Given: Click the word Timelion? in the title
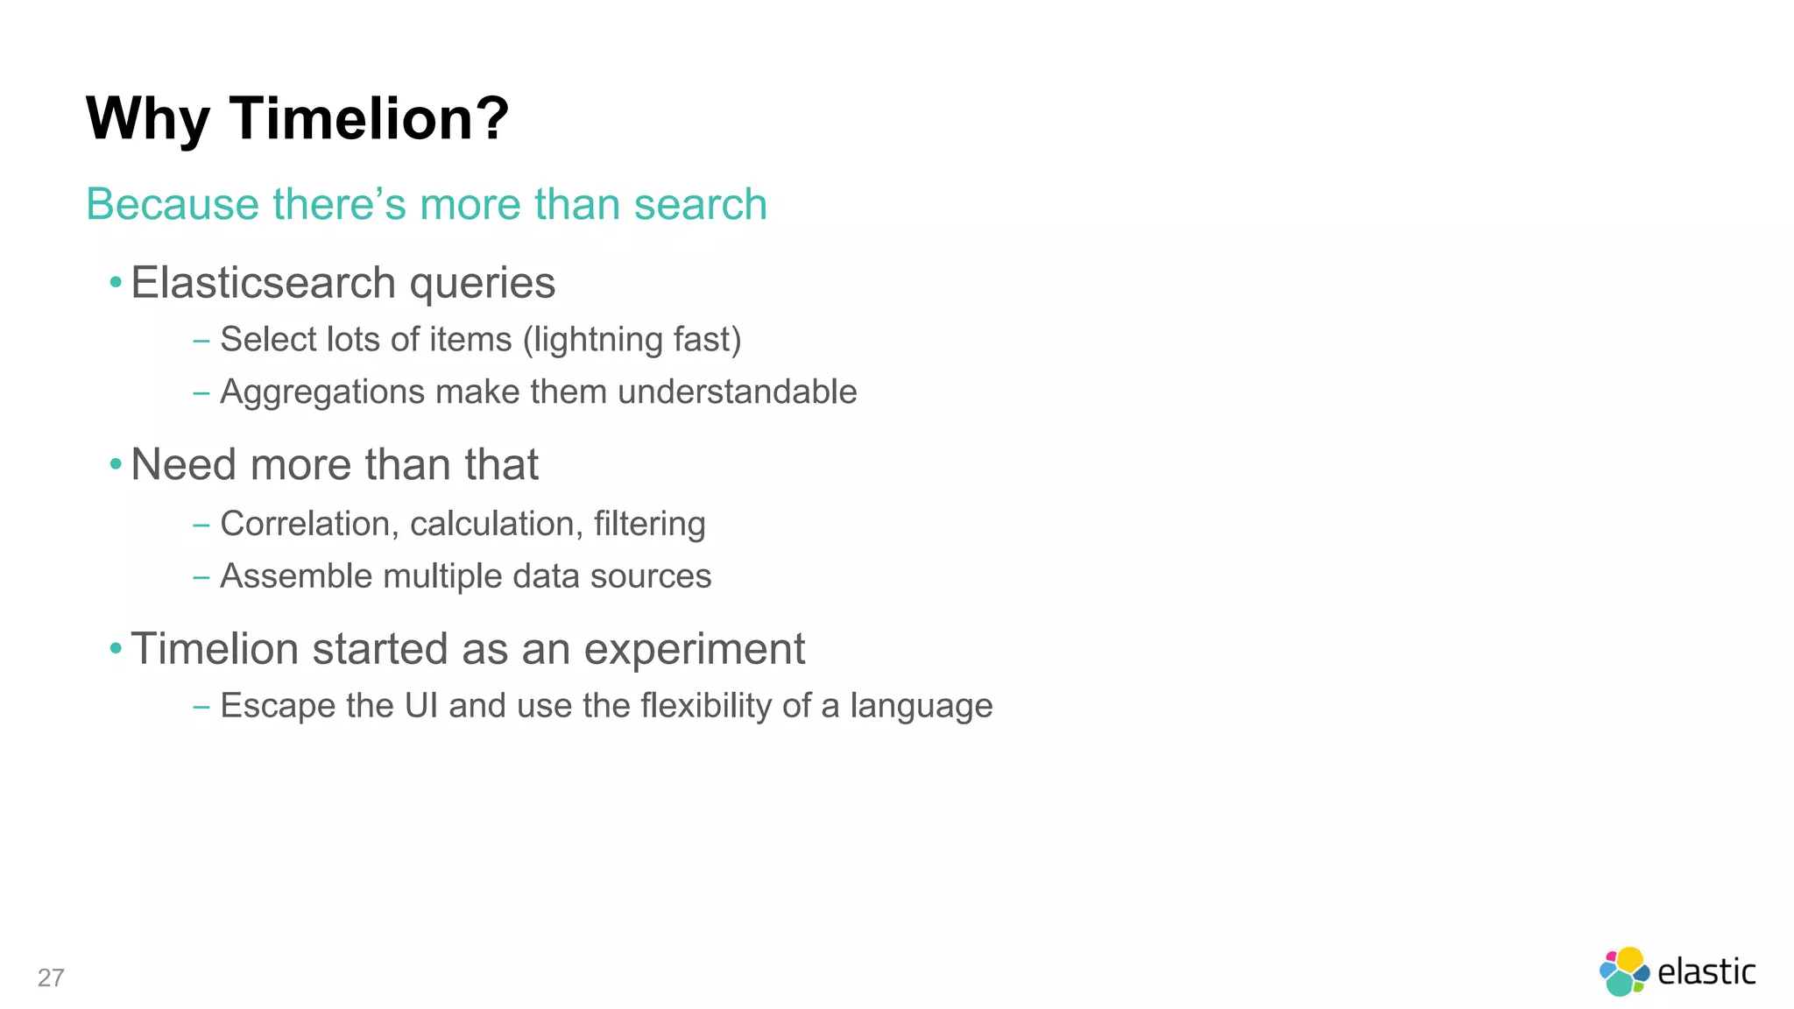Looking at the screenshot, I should click(369, 118).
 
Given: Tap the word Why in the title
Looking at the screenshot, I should click(147, 118).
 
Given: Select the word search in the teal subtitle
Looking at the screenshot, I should click(700, 205).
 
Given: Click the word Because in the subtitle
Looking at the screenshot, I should click(172, 205).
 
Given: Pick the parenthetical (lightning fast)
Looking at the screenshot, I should click(632, 340).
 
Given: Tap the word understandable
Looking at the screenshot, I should click(737, 392).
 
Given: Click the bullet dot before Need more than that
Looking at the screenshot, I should click(116, 464).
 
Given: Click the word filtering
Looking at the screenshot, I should click(649, 524).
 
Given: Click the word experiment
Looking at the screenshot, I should click(694, 650).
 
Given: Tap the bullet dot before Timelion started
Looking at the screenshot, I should click(116, 649).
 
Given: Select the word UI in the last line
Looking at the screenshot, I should click(420, 706).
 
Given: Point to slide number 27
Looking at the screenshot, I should click(51, 977).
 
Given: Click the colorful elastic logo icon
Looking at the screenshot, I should click(1624, 971).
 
